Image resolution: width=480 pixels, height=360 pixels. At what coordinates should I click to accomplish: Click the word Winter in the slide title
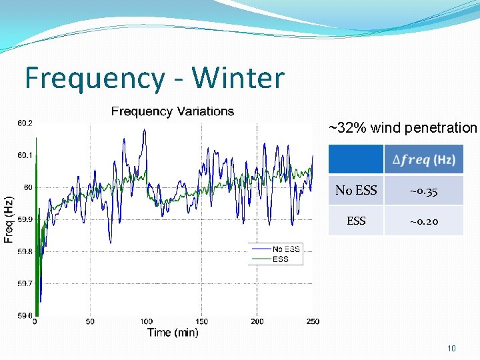point(238,78)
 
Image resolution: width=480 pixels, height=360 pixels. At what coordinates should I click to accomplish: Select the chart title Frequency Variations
point(173,111)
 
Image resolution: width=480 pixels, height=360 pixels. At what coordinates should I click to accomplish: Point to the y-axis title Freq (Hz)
point(9,219)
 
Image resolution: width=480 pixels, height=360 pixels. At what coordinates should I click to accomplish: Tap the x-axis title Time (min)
point(173,333)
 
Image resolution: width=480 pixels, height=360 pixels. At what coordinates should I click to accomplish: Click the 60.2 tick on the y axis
point(24,123)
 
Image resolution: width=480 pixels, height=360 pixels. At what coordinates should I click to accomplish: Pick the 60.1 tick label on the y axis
point(24,155)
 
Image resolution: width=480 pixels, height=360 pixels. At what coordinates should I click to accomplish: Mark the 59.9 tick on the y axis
point(24,219)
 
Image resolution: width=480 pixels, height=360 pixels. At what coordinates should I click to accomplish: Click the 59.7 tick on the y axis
point(24,283)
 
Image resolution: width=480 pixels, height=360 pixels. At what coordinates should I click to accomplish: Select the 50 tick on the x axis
point(90,321)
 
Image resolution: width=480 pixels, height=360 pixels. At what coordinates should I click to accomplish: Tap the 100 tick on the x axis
point(146,321)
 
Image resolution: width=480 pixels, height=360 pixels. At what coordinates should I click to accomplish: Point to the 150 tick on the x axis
point(201,321)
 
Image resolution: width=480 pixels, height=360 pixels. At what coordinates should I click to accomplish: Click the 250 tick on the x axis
point(312,321)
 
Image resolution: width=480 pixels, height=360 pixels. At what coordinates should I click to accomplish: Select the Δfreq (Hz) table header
point(423,160)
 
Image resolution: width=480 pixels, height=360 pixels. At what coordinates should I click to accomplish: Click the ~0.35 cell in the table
point(423,191)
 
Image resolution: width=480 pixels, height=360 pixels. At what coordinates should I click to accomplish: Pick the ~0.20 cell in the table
point(423,221)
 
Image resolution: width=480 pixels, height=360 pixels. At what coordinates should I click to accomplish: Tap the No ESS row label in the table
point(356,191)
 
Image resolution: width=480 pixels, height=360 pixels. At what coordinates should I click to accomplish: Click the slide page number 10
point(451,348)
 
